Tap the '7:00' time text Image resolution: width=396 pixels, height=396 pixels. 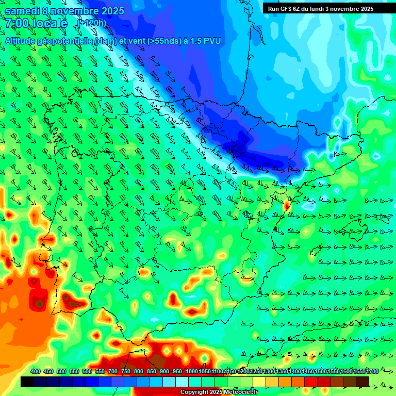pyautogui.click(x=16, y=23)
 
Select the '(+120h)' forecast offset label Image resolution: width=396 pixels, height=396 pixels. pyautogui.click(x=92, y=23)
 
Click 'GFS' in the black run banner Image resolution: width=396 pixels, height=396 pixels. pyautogui.click(x=289, y=9)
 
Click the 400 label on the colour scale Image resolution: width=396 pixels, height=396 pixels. pyautogui.click(x=36, y=371)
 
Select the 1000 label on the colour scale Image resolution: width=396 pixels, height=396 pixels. pyautogui.click(x=192, y=371)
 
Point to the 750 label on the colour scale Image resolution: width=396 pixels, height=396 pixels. pyautogui.click(x=125, y=371)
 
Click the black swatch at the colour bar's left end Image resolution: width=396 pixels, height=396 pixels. pyautogui.click(x=27, y=382)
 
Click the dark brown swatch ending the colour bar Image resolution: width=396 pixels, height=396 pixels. pyautogui.click(x=362, y=382)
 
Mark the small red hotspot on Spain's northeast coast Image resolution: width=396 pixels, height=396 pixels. pyautogui.click(x=287, y=205)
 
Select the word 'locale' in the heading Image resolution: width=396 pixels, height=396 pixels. pyautogui.click(x=49, y=23)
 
